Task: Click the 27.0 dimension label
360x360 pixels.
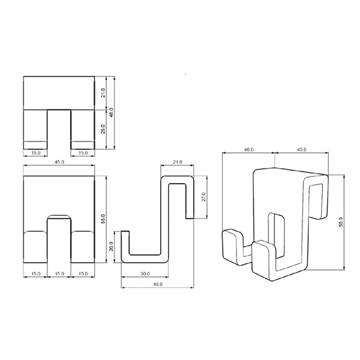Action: tap(203, 197)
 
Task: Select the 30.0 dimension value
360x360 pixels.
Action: tap(145, 274)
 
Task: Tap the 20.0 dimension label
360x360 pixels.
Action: tap(111, 247)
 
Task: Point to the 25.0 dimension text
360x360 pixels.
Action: tap(103, 129)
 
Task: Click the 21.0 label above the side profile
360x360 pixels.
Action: tap(178, 162)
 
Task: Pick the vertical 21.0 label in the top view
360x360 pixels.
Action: tap(103, 93)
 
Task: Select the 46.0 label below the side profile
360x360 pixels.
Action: tap(158, 284)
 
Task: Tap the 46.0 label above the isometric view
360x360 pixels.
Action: tap(248, 149)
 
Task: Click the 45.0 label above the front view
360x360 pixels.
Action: tap(59, 162)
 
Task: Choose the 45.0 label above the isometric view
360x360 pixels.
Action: tap(302, 149)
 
